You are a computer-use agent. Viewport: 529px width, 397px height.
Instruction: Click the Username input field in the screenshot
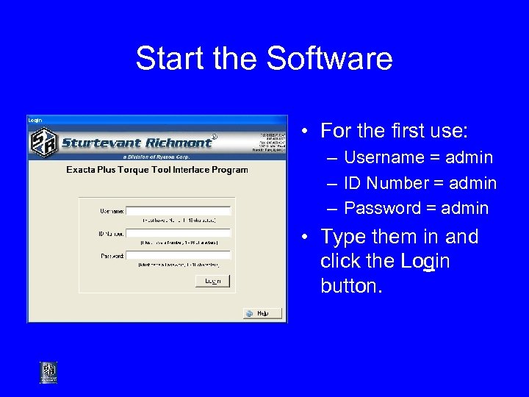[179, 210]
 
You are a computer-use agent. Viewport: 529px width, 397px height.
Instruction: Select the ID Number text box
[179, 233]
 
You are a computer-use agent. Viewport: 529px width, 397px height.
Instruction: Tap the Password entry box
[179, 256]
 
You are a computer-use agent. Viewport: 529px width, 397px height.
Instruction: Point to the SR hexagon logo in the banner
[42, 142]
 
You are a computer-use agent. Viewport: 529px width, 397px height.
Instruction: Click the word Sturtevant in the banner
[98, 143]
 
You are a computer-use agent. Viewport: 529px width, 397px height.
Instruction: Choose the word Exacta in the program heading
[83, 170]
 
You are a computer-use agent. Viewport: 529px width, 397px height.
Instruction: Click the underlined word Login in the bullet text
[425, 261]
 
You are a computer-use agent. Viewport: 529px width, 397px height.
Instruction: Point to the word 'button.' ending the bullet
[351, 285]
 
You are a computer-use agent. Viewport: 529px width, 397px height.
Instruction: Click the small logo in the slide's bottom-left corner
[48, 372]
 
